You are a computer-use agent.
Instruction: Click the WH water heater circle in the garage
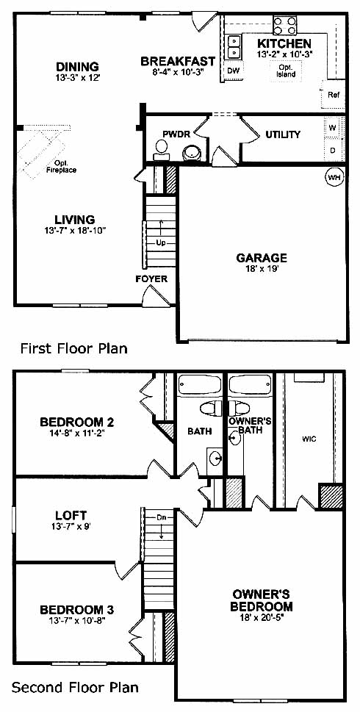pyautogui.click(x=334, y=178)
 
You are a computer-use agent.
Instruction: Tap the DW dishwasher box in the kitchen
pyautogui.click(x=234, y=71)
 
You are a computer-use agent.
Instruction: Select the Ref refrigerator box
pyautogui.click(x=334, y=95)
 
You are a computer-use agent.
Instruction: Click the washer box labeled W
pyautogui.click(x=333, y=128)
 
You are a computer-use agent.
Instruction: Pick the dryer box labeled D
pyautogui.click(x=333, y=150)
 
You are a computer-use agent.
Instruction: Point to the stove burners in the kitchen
pyautogui.click(x=285, y=26)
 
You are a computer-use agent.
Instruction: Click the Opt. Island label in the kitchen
pyautogui.click(x=287, y=71)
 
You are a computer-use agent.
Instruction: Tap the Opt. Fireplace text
pyautogui.click(x=61, y=167)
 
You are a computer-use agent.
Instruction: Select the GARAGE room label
pyautogui.click(x=262, y=258)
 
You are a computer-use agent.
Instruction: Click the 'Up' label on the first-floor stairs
pyautogui.click(x=161, y=243)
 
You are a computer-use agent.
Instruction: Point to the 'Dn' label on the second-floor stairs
pyautogui.click(x=161, y=517)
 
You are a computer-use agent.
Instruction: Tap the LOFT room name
pyautogui.click(x=71, y=516)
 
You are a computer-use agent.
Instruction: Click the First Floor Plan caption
pyautogui.click(x=74, y=348)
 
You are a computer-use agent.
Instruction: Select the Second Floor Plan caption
pyautogui.click(x=75, y=687)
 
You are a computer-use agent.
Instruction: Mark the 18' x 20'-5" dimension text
pyautogui.click(x=261, y=617)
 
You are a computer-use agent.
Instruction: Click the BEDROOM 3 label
pyautogui.click(x=76, y=609)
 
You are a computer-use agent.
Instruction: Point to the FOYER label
pyautogui.click(x=151, y=278)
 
